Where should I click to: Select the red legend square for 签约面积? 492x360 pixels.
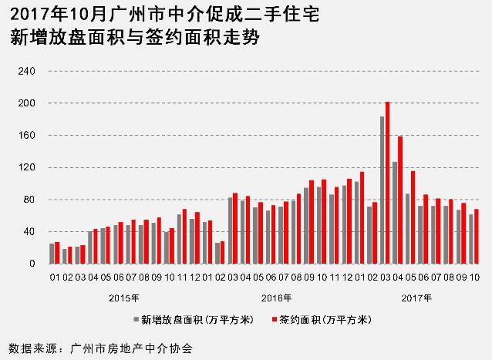coord(275,318)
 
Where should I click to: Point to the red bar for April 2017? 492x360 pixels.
coord(400,200)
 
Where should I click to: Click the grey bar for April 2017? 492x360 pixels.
coord(394,213)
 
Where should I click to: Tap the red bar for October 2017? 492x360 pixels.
coord(476,236)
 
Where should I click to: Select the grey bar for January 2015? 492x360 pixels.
coord(52,254)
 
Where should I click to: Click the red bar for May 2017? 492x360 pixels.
coord(413,217)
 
